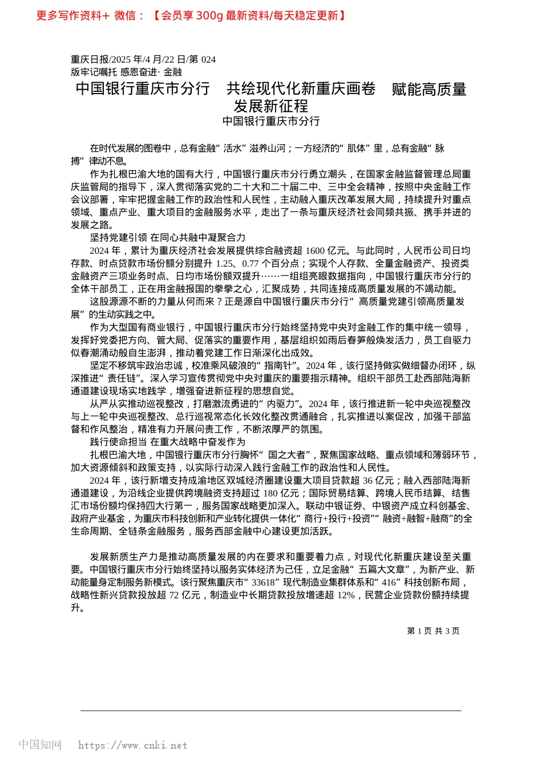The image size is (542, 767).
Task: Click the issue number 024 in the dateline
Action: tap(208, 59)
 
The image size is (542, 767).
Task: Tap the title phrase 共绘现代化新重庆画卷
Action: tap(301, 88)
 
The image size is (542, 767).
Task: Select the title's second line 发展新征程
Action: tap(271, 106)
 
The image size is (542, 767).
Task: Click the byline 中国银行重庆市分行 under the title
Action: tap(271, 121)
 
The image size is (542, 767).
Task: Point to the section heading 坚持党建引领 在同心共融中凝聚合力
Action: tap(168, 237)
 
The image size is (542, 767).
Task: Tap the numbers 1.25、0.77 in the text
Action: tap(241, 263)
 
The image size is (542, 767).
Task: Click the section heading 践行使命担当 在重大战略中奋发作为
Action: tap(168, 442)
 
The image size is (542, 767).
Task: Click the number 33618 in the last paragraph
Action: tap(263, 583)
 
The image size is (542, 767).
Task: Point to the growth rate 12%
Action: tap(346, 595)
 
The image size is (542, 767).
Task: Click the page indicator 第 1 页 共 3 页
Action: tap(433, 631)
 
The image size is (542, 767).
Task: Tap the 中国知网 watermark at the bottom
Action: tap(40, 745)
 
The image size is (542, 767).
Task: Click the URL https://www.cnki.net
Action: tap(132, 745)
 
